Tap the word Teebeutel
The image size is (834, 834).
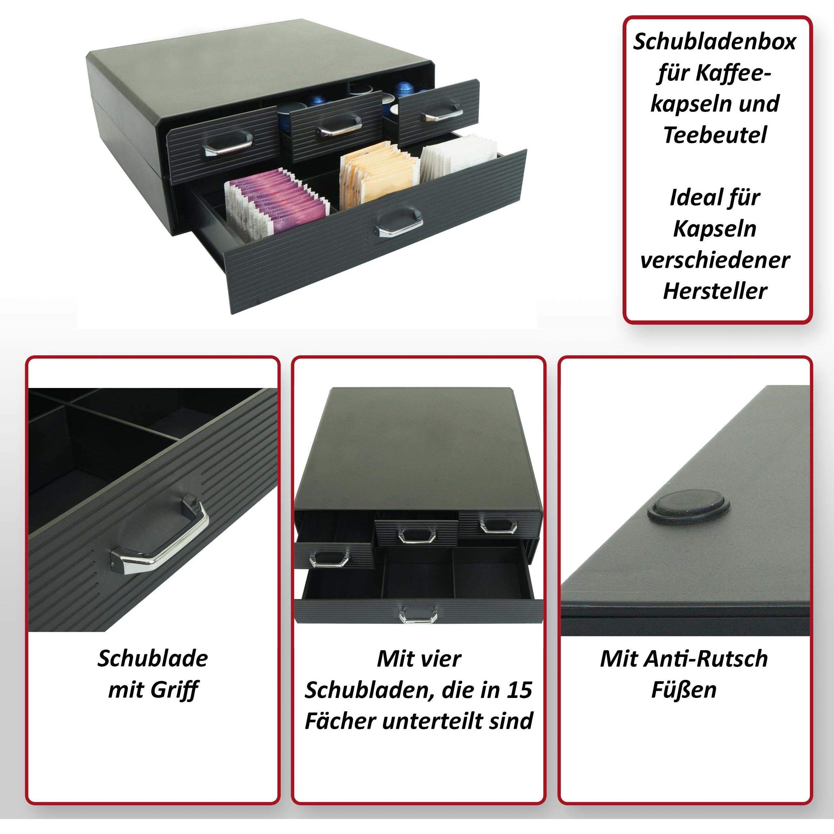pyautogui.click(x=715, y=135)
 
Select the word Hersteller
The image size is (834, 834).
pyautogui.click(x=715, y=291)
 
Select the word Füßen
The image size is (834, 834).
pyautogui.click(x=684, y=690)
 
